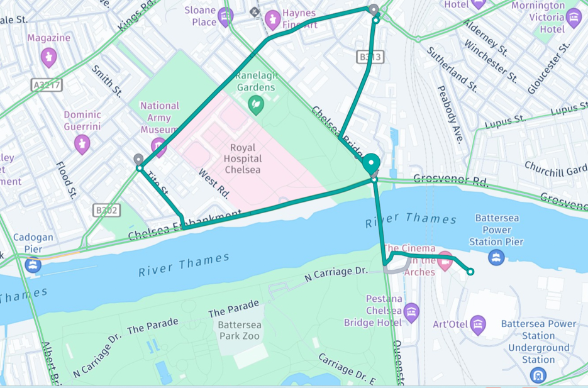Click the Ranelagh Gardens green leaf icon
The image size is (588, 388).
click(255, 104)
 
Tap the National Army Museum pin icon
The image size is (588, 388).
click(158, 147)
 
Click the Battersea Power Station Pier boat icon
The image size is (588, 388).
click(496, 257)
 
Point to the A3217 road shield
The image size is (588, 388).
click(47, 84)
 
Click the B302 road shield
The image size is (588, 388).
click(106, 210)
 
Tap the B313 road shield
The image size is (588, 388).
click(370, 57)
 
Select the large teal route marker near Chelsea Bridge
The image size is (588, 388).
click(371, 164)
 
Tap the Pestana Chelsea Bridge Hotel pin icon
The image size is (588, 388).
click(411, 311)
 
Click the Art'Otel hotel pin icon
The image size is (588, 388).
click(478, 324)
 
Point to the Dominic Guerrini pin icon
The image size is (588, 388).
click(82, 143)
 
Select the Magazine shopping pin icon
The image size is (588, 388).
click(49, 57)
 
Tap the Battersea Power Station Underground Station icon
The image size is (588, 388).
click(538, 375)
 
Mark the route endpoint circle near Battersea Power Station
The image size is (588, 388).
click(470, 272)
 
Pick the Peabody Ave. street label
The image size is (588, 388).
click(449, 114)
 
